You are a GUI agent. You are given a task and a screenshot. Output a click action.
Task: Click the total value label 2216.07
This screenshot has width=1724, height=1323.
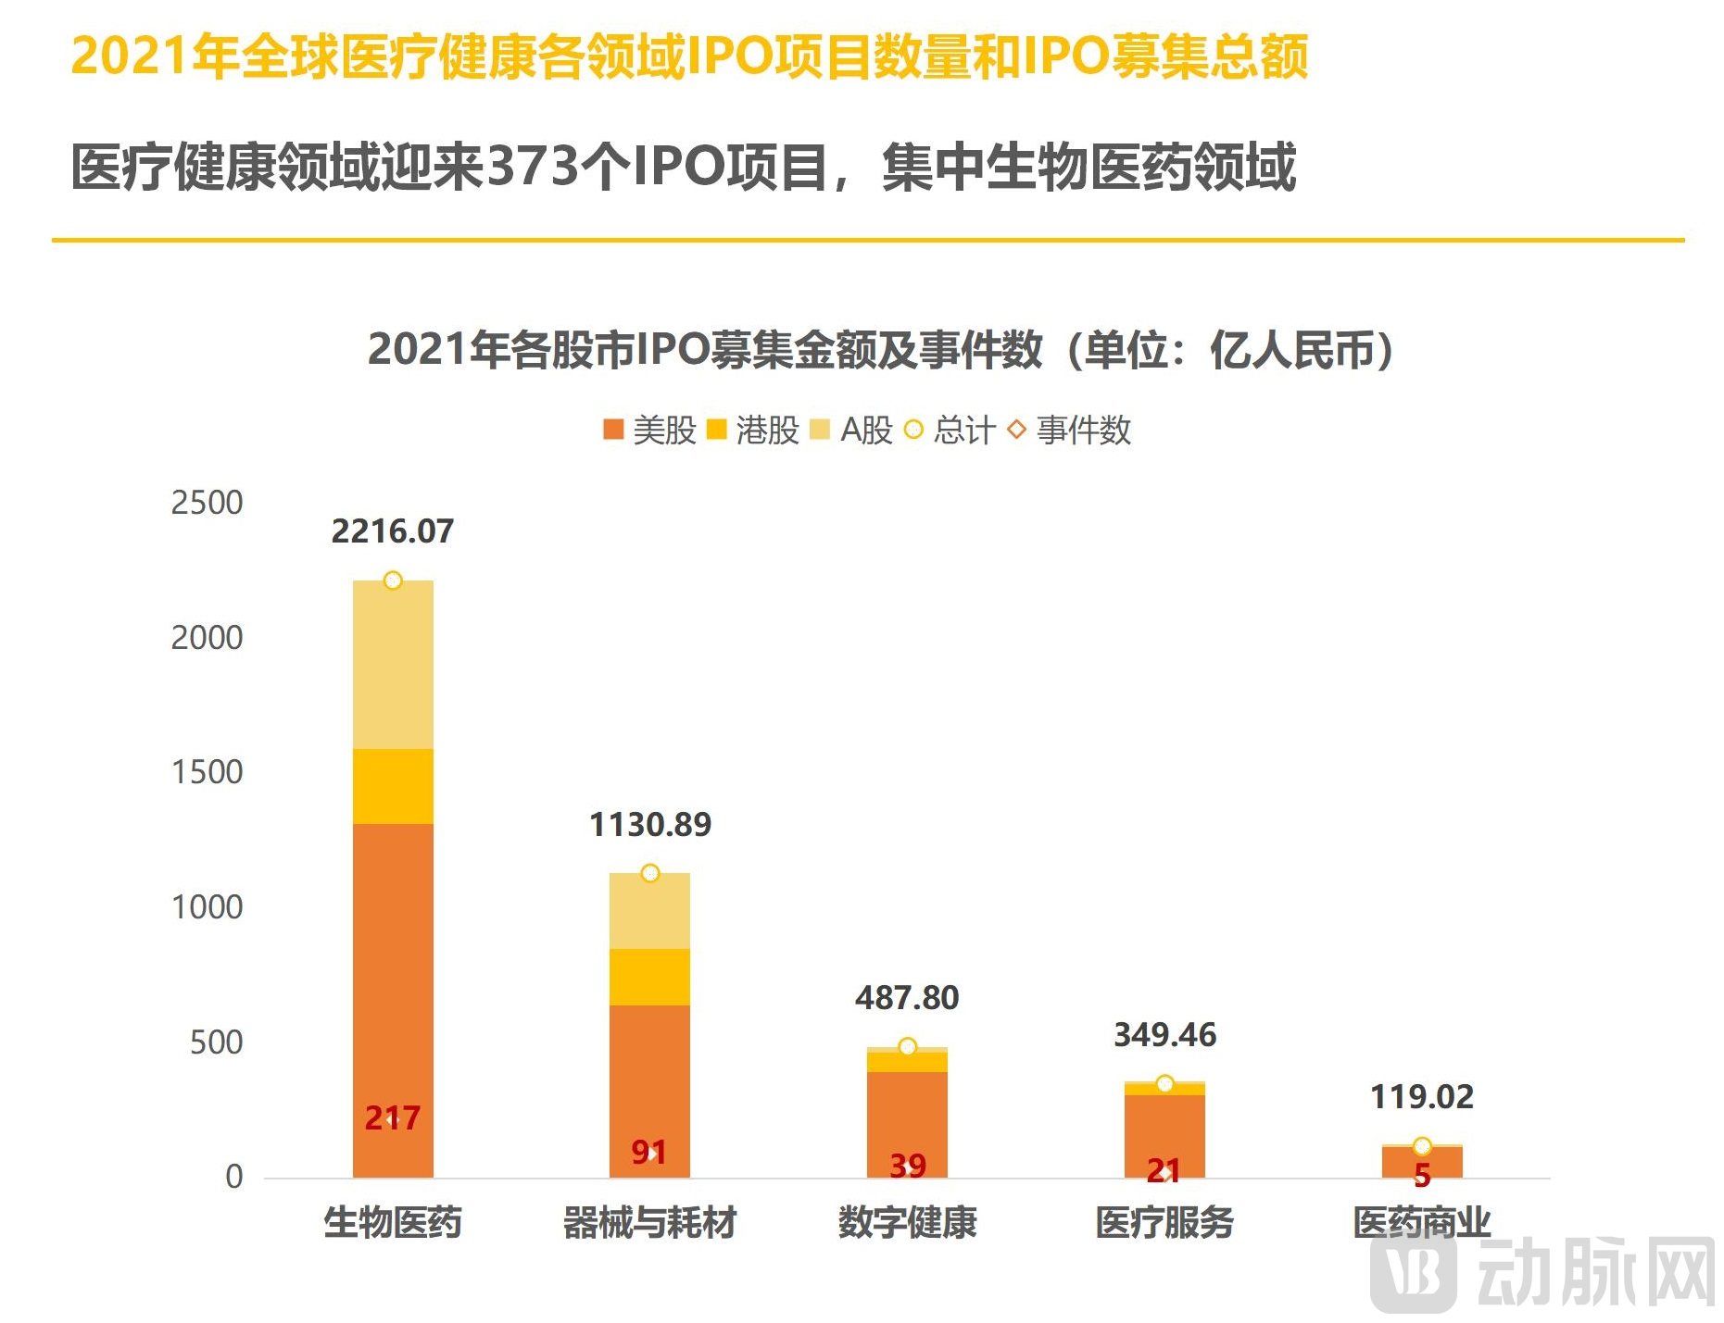pyautogui.click(x=392, y=531)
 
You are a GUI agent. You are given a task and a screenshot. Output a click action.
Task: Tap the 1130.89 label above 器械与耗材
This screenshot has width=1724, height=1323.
pyautogui.click(x=649, y=825)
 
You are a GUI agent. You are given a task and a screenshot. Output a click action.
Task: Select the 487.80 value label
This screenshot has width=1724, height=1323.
pyautogui.click(x=906, y=998)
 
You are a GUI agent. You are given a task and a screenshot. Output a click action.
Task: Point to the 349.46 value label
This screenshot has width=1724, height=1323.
pyautogui.click(x=1164, y=1035)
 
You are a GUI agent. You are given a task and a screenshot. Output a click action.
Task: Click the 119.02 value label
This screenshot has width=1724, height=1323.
pyautogui.click(x=1421, y=1097)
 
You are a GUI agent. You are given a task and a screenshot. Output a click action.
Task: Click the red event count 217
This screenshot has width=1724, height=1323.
pyautogui.click(x=392, y=1118)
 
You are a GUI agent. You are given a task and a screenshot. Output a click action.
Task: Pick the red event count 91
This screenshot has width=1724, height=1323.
pyautogui.click(x=648, y=1153)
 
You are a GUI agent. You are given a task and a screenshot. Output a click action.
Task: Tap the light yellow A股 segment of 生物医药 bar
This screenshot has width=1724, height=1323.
pyautogui.click(x=393, y=665)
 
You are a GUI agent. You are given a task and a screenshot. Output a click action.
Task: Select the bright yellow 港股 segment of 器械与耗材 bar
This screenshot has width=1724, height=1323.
pyautogui.click(x=649, y=977)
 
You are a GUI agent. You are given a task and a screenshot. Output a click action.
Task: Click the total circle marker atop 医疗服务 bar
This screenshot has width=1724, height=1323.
pyautogui.click(x=1164, y=1084)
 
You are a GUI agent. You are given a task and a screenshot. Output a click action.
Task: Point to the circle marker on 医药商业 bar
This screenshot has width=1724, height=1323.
pyautogui.click(x=1422, y=1147)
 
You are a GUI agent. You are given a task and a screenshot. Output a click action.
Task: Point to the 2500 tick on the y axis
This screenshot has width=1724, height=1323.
pyautogui.click(x=207, y=503)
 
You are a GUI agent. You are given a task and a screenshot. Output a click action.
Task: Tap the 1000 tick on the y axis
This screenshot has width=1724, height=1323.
pyautogui.click(x=207, y=907)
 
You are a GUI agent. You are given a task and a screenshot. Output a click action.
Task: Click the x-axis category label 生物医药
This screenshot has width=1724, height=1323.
pyautogui.click(x=392, y=1223)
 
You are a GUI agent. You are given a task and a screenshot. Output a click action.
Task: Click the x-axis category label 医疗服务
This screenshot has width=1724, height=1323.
pyautogui.click(x=1164, y=1223)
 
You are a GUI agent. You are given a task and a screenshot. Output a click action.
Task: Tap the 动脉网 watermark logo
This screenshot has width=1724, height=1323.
pyautogui.click(x=1542, y=1273)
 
